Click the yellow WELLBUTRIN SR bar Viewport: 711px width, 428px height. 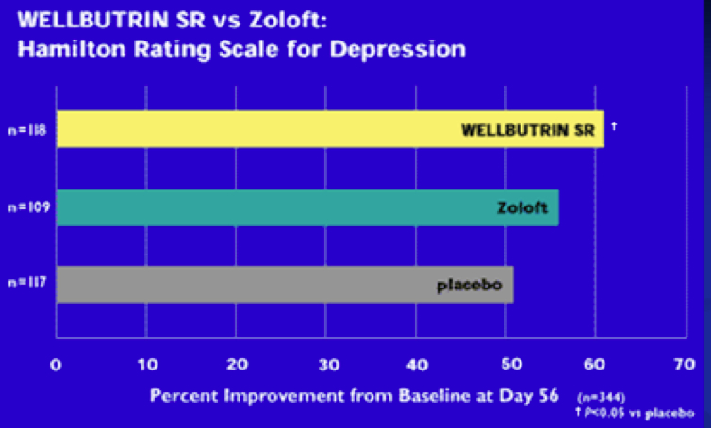tap(330, 129)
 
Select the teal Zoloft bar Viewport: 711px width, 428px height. tap(307, 207)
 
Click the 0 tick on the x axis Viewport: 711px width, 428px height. tap(57, 364)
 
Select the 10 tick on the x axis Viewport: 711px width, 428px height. tap(146, 364)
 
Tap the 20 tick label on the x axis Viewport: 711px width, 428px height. tap(236, 364)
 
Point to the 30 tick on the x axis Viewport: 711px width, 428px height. tap(326, 364)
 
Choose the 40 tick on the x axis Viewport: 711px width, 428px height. tap(416, 364)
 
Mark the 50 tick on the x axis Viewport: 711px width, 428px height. tap(505, 364)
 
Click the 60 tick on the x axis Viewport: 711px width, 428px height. tap(595, 364)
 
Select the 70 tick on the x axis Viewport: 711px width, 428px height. tap(685, 364)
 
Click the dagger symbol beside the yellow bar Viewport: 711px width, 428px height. tap(614, 123)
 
